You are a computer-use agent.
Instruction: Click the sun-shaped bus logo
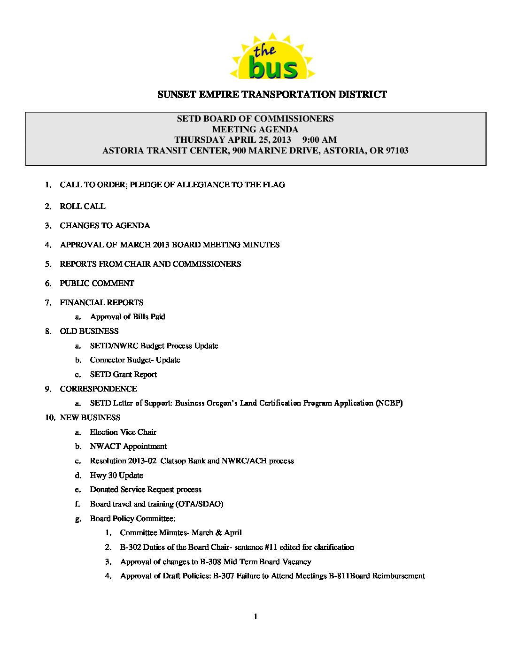pyautogui.click(x=272, y=57)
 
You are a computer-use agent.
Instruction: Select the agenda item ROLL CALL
pyautogui.click(x=83, y=207)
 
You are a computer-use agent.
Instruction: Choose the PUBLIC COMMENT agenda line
pyautogui.click(x=97, y=284)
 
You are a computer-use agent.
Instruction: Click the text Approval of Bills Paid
pyautogui.click(x=128, y=317)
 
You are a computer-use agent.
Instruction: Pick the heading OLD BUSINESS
pyautogui.click(x=89, y=331)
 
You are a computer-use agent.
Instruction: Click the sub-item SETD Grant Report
pyautogui.click(x=124, y=375)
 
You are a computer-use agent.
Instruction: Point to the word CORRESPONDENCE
pyautogui.click(x=99, y=389)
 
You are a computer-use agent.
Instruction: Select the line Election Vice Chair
pyautogui.click(x=123, y=432)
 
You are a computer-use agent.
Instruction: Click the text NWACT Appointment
pyautogui.click(x=128, y=446)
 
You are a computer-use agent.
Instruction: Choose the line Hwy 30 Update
pyautogui.click(x=116, y=476)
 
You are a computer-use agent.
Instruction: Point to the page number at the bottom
pyautogui.click(x=255, y=617)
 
